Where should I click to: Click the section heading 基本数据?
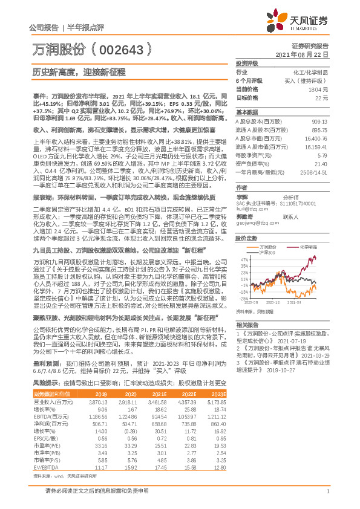tap(246, 112)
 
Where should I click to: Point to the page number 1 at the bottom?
tap(327, 498)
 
